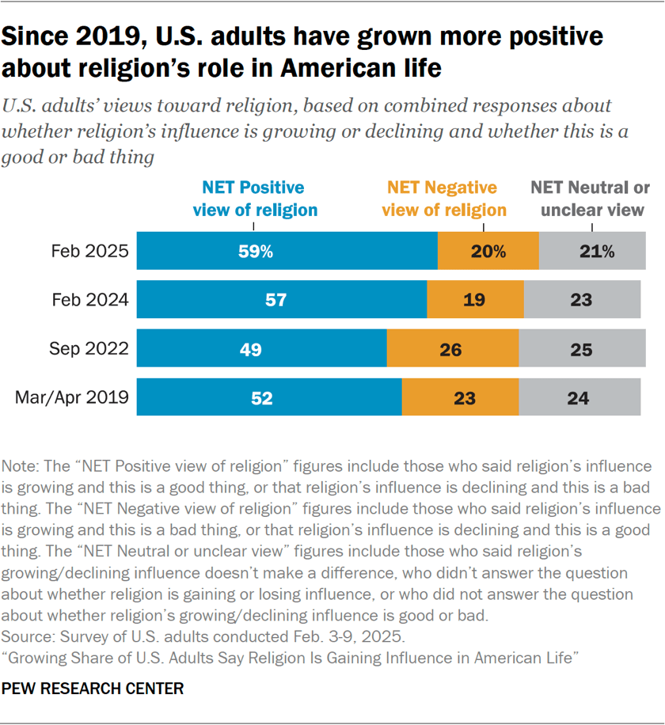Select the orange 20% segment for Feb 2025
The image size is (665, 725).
click(x=488, y=252)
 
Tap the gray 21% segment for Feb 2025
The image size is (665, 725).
click(x=592, y=252)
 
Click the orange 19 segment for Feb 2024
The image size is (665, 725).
click(x=475, y=301)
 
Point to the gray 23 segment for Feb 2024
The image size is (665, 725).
click(x=582, y=301)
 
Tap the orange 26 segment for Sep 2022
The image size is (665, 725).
click(x=452, y=349)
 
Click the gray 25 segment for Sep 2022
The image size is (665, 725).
click(x=579, y=349)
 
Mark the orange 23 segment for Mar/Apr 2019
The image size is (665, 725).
click(x=460, y=397)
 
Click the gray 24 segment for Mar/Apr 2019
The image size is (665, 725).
click(x=579, y=397)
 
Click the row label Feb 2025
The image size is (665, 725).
click(x=89, y=252)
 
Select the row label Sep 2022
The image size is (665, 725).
click(x=89, y=349)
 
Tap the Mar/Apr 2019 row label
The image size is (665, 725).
click(x=72, y=397)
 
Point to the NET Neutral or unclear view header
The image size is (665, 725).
click(x=589, y=199)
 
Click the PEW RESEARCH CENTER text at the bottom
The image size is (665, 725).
click(x=93, y=689)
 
